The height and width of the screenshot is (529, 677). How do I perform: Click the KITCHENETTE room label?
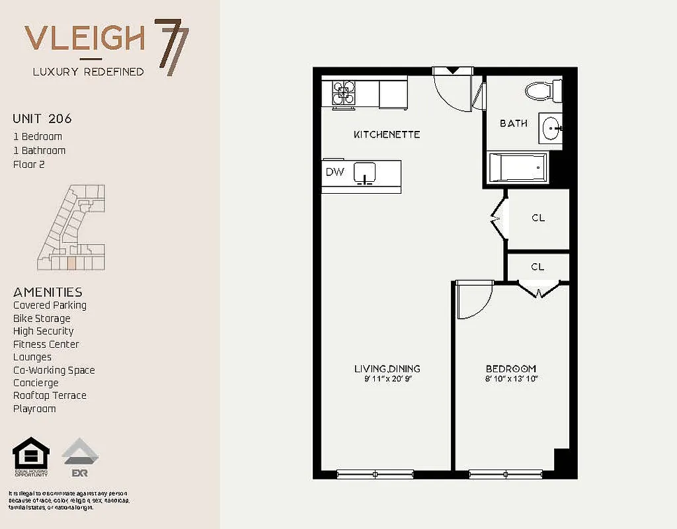click(387, 134)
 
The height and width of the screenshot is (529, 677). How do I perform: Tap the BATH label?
click(513, 123)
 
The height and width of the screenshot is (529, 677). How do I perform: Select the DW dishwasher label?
click(334, 172)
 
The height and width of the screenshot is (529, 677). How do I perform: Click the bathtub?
click(518, 168)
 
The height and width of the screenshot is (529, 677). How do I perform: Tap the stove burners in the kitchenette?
click(343, 93)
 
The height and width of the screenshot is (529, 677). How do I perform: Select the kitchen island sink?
click(365, 173)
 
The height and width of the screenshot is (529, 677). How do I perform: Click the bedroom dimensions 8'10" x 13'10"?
click(511, 379)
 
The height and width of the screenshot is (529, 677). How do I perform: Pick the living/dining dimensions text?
click(387, 379)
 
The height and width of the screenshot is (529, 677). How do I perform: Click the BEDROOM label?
click(511, 368)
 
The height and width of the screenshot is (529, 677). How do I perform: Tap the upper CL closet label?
click(538, 218)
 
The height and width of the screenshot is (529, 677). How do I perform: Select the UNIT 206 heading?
click(42, 119)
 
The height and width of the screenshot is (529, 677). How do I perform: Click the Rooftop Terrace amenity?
click(50, 395)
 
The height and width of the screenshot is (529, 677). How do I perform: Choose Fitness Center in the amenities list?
click(46, 344)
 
